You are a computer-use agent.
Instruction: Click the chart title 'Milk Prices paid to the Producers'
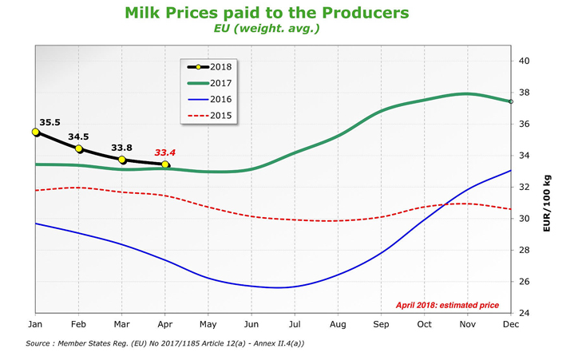pyautogui.click(x=267, y=14)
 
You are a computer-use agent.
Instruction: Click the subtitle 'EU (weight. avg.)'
pyautogui.click(x=267, y=30)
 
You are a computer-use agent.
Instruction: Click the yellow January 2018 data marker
pyautogui.click(x=35, y=132)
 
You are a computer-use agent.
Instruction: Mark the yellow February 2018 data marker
pyautogui.click(x=79, y=148)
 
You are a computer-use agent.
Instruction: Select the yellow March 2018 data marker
pyautogui.click(x=122, y=160)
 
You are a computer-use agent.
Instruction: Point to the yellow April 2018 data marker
pyautogui.click(x=165, y=164)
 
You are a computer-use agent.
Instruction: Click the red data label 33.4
pyautogui.click(x=164, y=152)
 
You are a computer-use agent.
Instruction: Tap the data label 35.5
pyautogui.click(x=49, y=122)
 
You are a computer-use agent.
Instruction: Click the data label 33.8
pyautogui.click(x=122, y=147)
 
